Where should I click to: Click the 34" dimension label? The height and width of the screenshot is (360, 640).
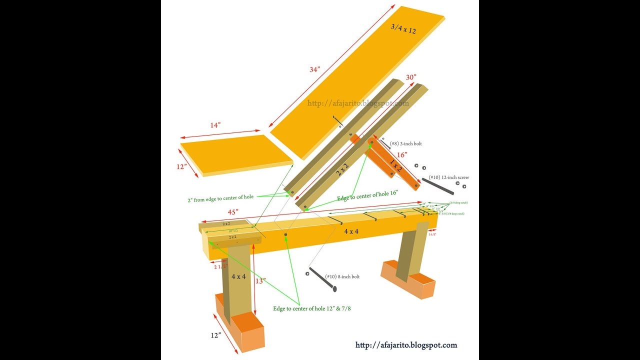click(x=314, y=69)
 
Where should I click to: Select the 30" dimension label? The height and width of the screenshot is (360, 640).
click(x=411, y=77)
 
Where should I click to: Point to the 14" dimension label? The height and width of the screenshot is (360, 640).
click(x=215, y=125)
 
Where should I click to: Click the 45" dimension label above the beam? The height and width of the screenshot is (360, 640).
click(x=233, y=212)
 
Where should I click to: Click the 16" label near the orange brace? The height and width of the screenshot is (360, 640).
click(x=402, y=155)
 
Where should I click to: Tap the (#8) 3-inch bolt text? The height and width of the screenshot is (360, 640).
click(x=406, y=143)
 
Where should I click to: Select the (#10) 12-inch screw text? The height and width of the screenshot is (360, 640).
click(x=448, y=177)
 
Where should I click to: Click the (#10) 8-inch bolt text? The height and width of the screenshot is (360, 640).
click(x=342, y=276)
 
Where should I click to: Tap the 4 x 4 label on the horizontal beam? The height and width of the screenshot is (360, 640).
click(x=351, y=231)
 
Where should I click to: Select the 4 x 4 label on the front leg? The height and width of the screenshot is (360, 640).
click(x=238, y=276)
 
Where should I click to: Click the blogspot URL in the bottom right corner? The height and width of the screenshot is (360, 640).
click(x=406, y=345)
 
